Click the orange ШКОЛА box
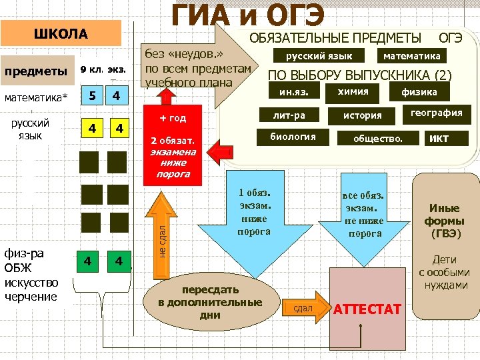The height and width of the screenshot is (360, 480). point(61,33)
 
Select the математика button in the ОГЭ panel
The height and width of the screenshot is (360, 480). point(411,56)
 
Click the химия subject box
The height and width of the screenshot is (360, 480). point(353,91)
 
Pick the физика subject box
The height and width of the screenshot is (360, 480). point(419,92)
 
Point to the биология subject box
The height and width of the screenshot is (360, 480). point(293,137)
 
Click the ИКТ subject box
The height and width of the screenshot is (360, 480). point(439,139)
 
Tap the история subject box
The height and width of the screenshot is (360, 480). point(362,115)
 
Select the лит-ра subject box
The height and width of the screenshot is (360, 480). point(289,115)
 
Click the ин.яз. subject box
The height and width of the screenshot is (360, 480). point(293,91)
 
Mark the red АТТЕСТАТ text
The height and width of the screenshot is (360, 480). point(367,309)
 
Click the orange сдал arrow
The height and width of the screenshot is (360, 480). point(306,309)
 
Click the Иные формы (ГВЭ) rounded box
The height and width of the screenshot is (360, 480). point(445,221)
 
